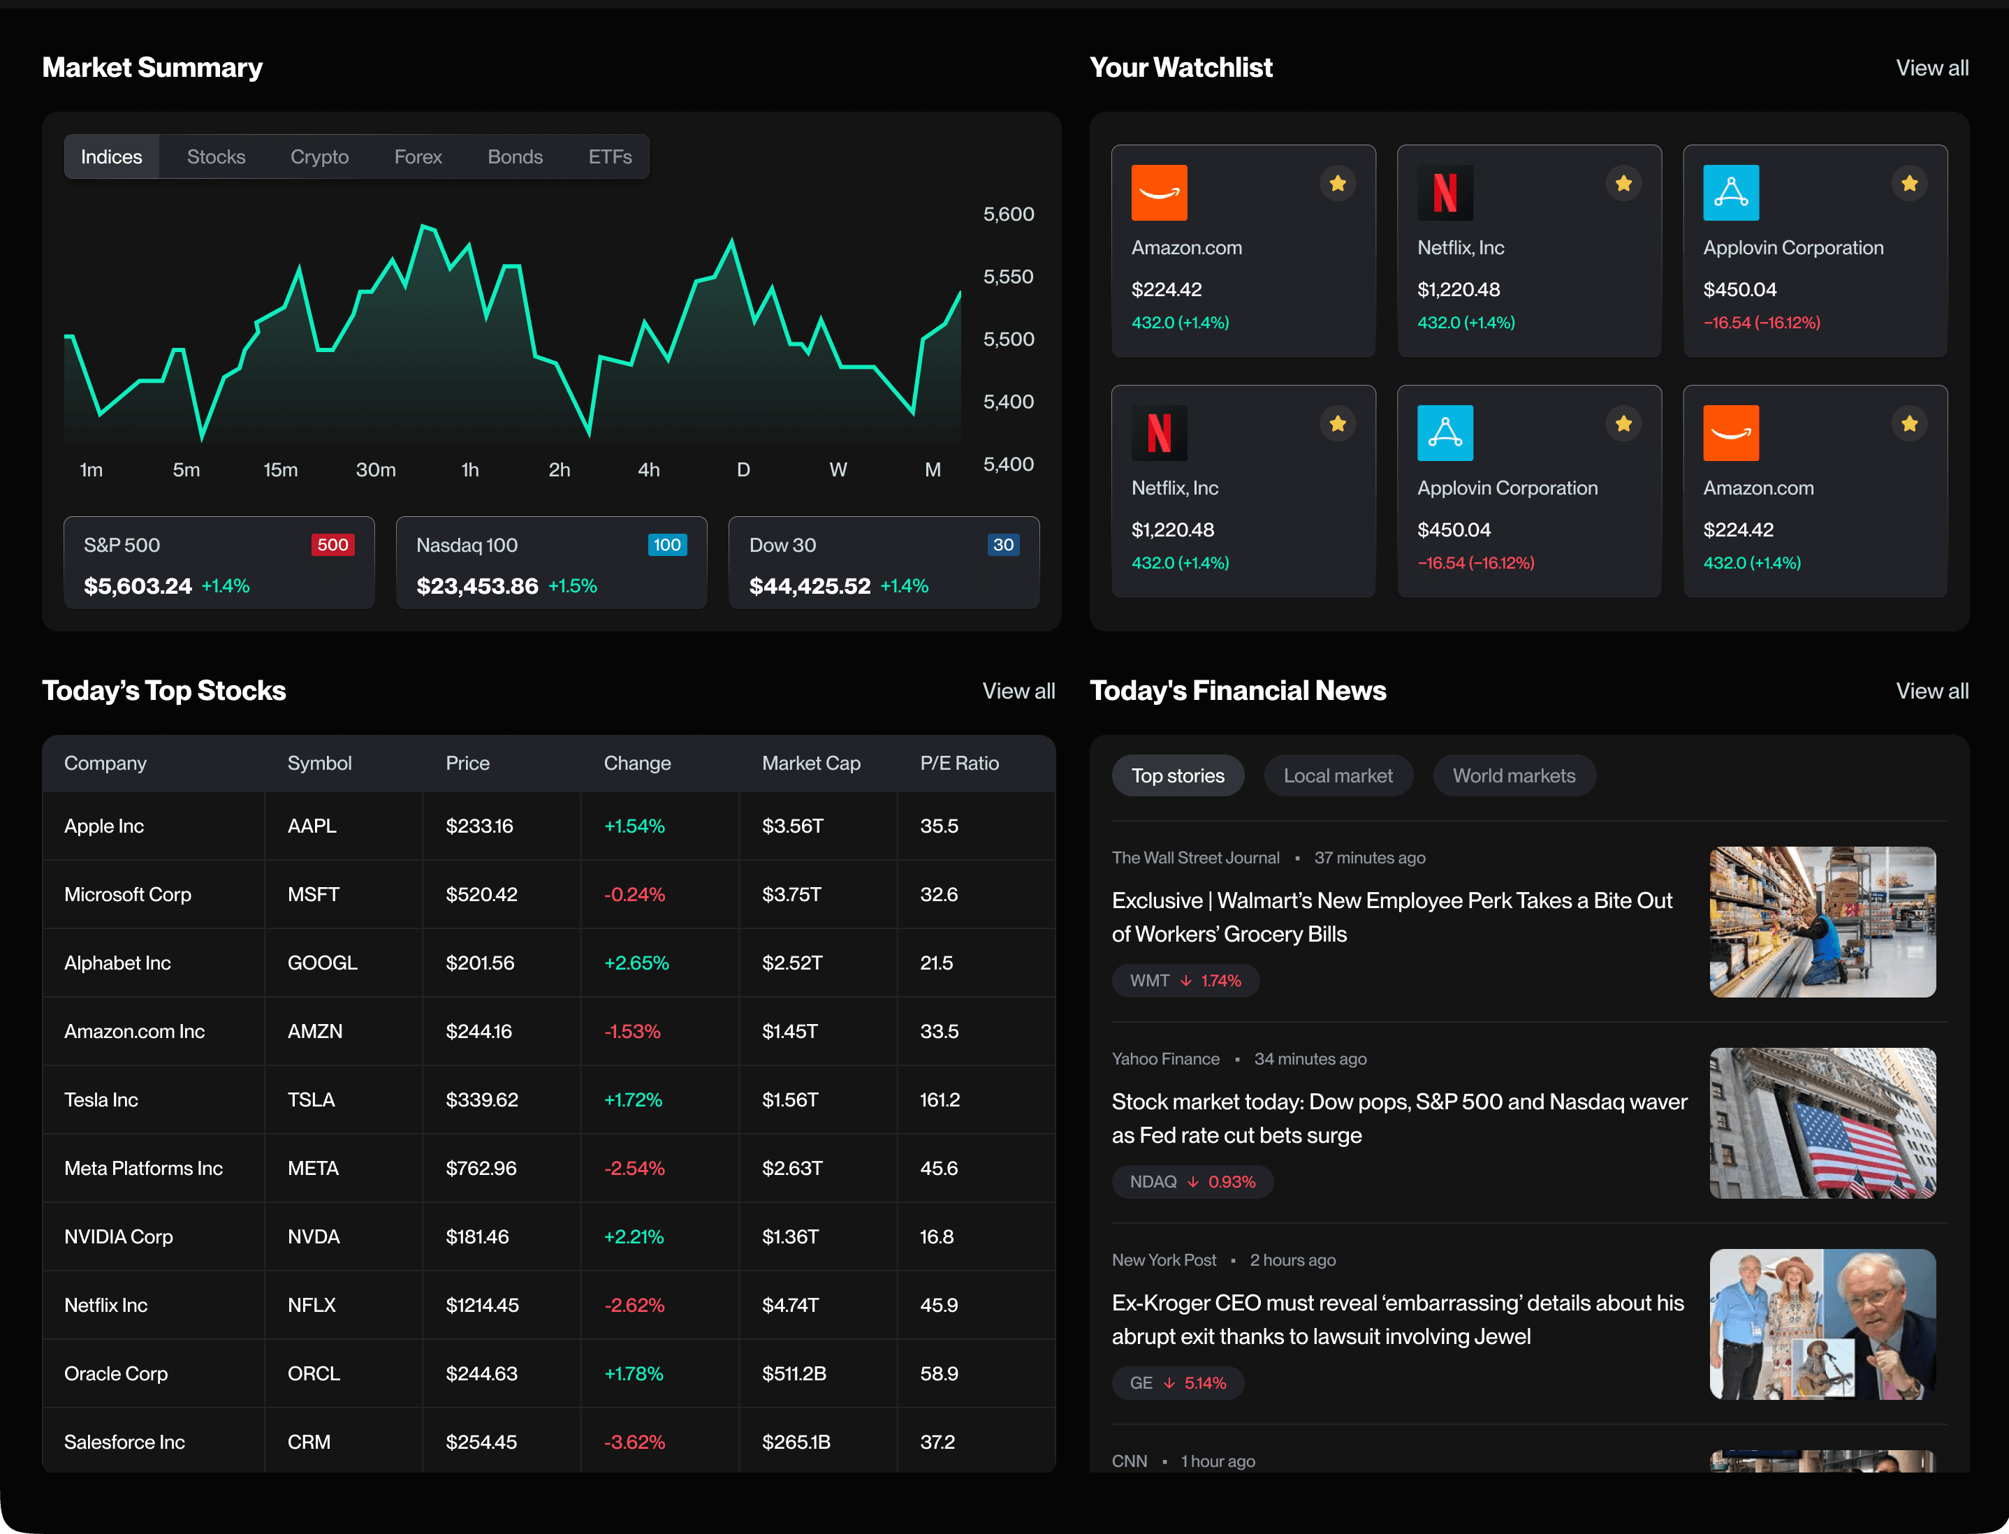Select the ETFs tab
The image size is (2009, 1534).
609,157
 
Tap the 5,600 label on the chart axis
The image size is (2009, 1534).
1008,214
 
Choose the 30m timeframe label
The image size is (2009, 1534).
375,469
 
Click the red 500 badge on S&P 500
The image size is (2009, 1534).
333,545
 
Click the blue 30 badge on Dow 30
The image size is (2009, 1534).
1002,545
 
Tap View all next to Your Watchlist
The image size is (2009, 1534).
1931,68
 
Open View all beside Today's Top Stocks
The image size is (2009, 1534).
1018,692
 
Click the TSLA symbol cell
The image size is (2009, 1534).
312,1100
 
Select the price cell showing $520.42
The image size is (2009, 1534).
481,894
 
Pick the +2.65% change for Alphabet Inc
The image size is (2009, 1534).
636,963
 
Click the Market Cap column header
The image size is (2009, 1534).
811,764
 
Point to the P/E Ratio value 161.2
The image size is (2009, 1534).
940,1100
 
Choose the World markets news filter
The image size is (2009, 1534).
1514,775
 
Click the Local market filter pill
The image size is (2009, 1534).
1338,775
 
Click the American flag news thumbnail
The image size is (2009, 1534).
1822,1123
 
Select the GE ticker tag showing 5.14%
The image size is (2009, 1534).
1177,1382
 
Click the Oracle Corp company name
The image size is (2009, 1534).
116,1373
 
